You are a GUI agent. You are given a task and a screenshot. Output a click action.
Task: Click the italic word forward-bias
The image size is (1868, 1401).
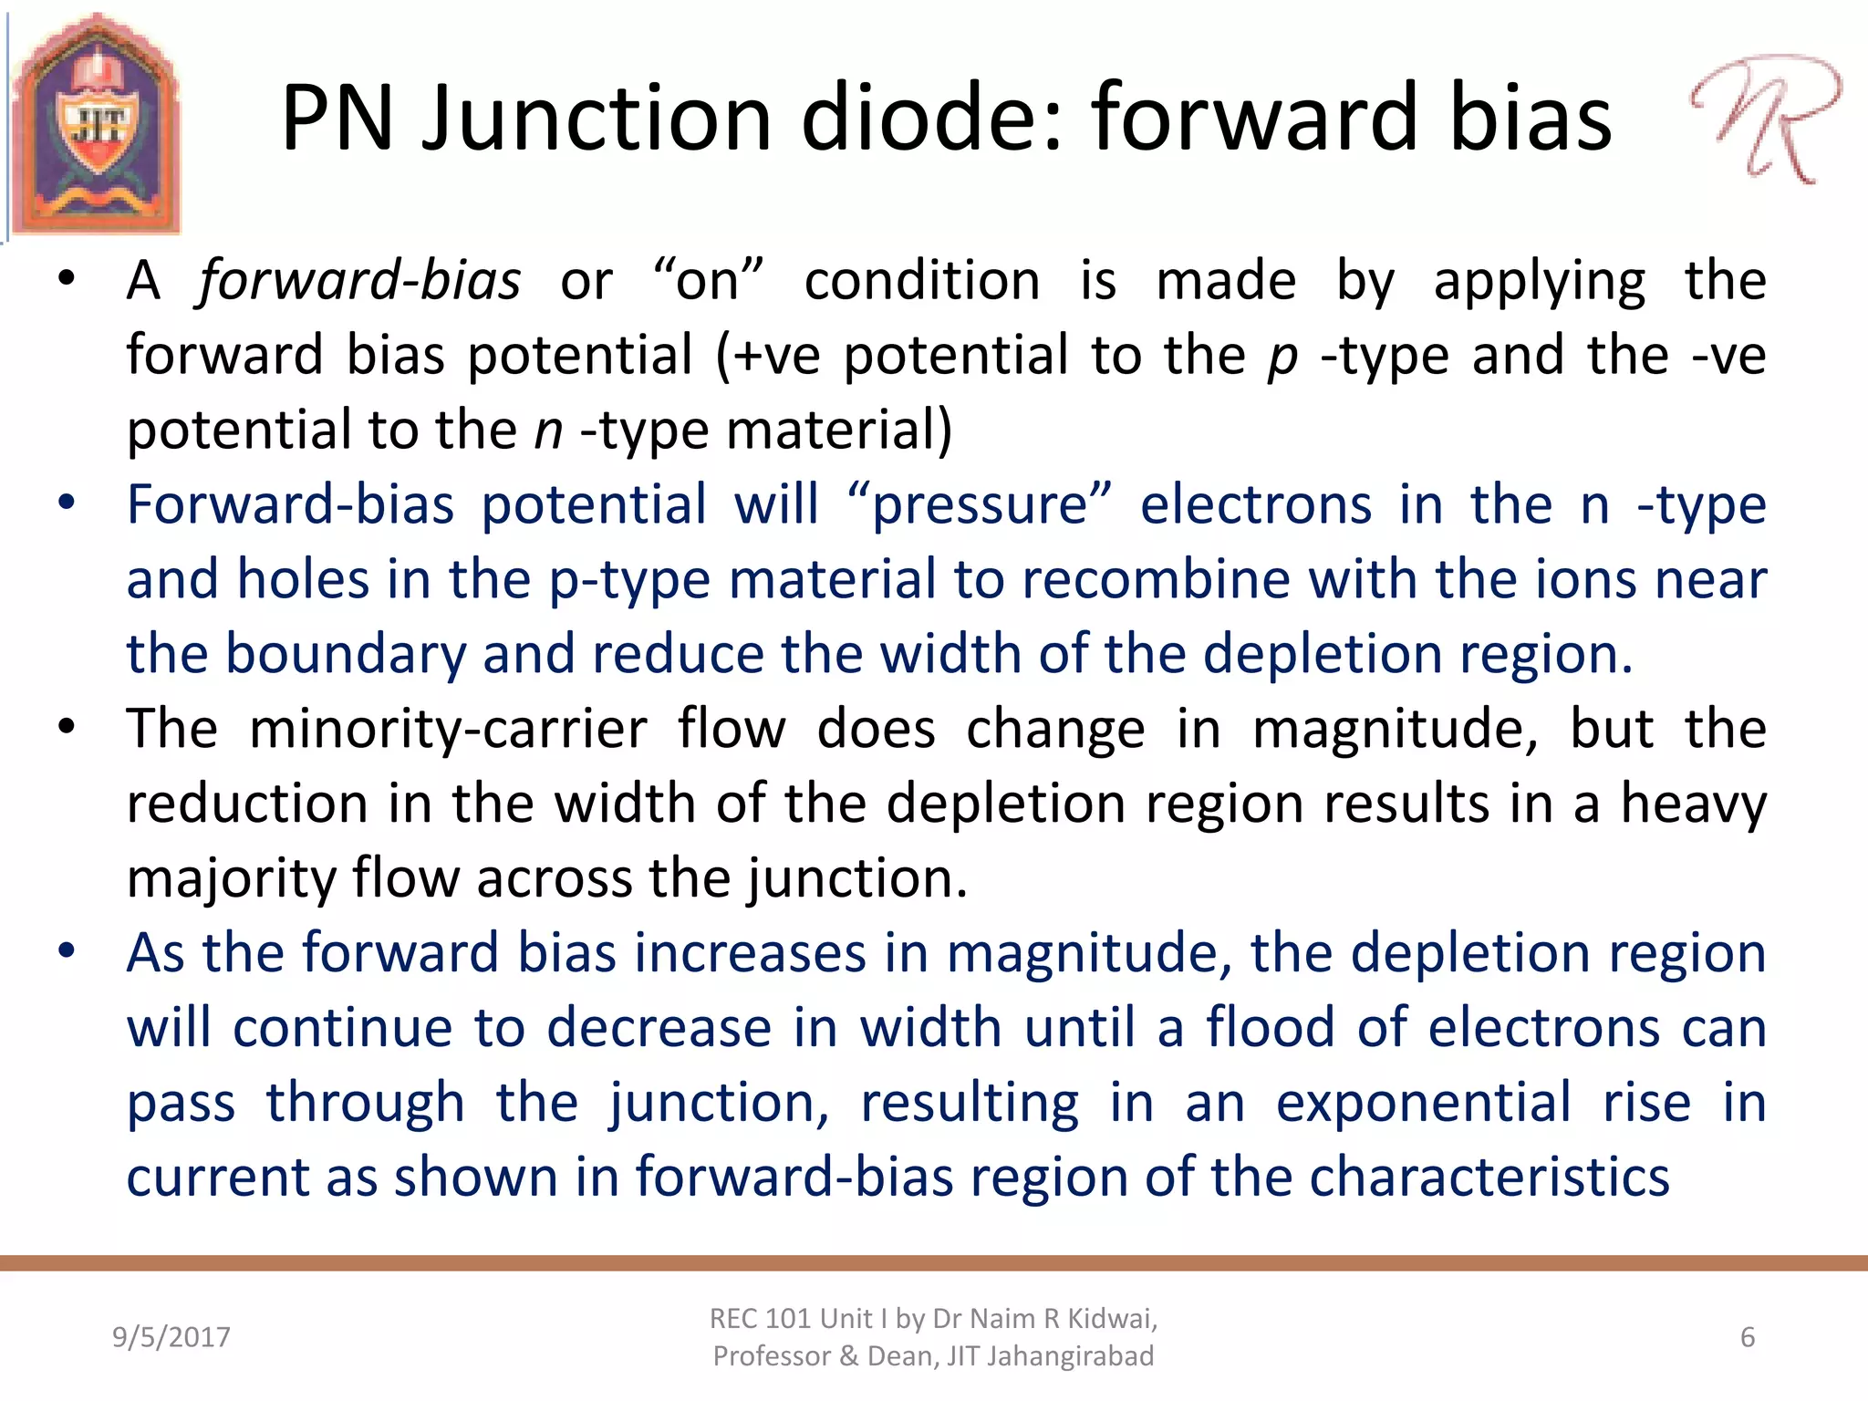click(x=359, y=280)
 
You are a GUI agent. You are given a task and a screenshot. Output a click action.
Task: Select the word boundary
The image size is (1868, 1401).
click(x=345, y=654)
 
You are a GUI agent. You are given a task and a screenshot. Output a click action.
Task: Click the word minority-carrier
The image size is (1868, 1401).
click(x=448, y=729)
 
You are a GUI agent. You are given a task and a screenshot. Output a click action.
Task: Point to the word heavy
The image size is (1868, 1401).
click(x=1693, y=804)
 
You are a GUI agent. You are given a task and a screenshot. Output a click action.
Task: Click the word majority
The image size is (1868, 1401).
click(x=232, y=878)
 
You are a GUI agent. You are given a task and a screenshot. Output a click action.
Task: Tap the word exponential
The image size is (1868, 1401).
click(x=1423, y=1103)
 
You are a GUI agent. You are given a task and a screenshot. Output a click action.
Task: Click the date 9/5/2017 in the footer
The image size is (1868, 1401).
click(x=171, y=1337)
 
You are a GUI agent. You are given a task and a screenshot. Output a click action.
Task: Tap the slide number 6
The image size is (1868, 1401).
click(x=1748, y=1337)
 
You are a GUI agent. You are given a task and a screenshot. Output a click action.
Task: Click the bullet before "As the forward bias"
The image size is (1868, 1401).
click(x=67, y=951)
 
